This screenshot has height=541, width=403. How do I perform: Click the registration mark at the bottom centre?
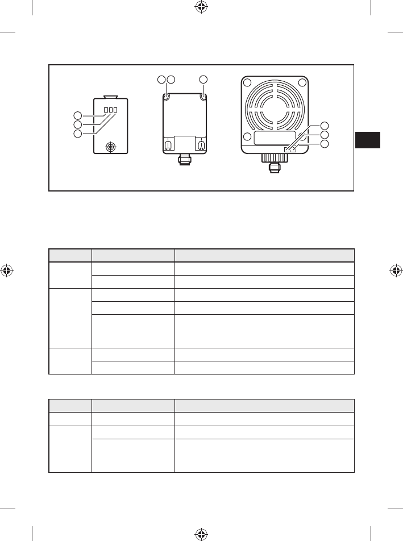pos(200,534)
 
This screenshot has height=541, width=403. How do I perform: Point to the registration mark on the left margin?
pos(7,270)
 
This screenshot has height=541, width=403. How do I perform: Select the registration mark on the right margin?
pos(396,270)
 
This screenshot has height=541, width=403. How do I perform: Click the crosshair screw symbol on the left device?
pos(110,147)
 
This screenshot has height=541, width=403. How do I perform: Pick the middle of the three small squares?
pos(110,110)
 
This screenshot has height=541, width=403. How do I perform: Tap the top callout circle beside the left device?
pos(78,114)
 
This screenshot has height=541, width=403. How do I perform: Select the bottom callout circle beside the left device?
pos(78,134)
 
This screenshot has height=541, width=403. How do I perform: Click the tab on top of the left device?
pos(110,97)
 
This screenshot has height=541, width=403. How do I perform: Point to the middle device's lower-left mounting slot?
pos(168,145)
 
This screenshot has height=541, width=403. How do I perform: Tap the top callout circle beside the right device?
pos(325,126)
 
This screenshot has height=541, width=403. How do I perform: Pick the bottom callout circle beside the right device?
pos(325,144)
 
